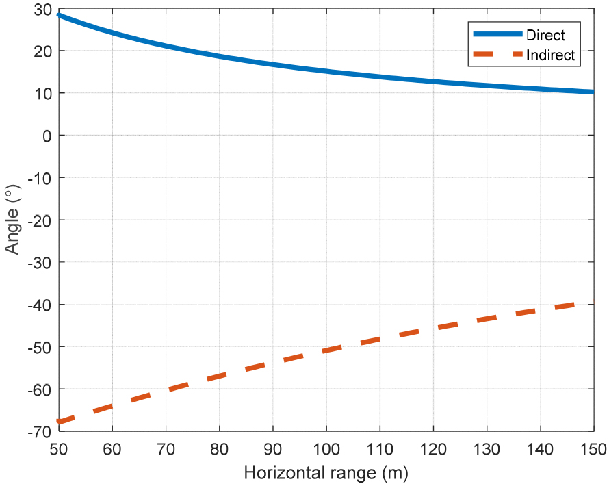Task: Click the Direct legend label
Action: (x=545, y=35)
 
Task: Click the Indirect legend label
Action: (x=552, y=56)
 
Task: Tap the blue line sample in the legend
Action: (x=495, y=35)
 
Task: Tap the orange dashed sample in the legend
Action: (x=495, y=56)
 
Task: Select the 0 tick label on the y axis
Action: (x=47, y=136)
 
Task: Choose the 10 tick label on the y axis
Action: (x=42, y=93)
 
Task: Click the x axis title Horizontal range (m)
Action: (x=326, y=473)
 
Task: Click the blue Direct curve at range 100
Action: (x=326, y=71)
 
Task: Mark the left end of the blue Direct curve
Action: (x=60, y=15)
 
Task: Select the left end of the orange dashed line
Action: (x=60, y=422)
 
